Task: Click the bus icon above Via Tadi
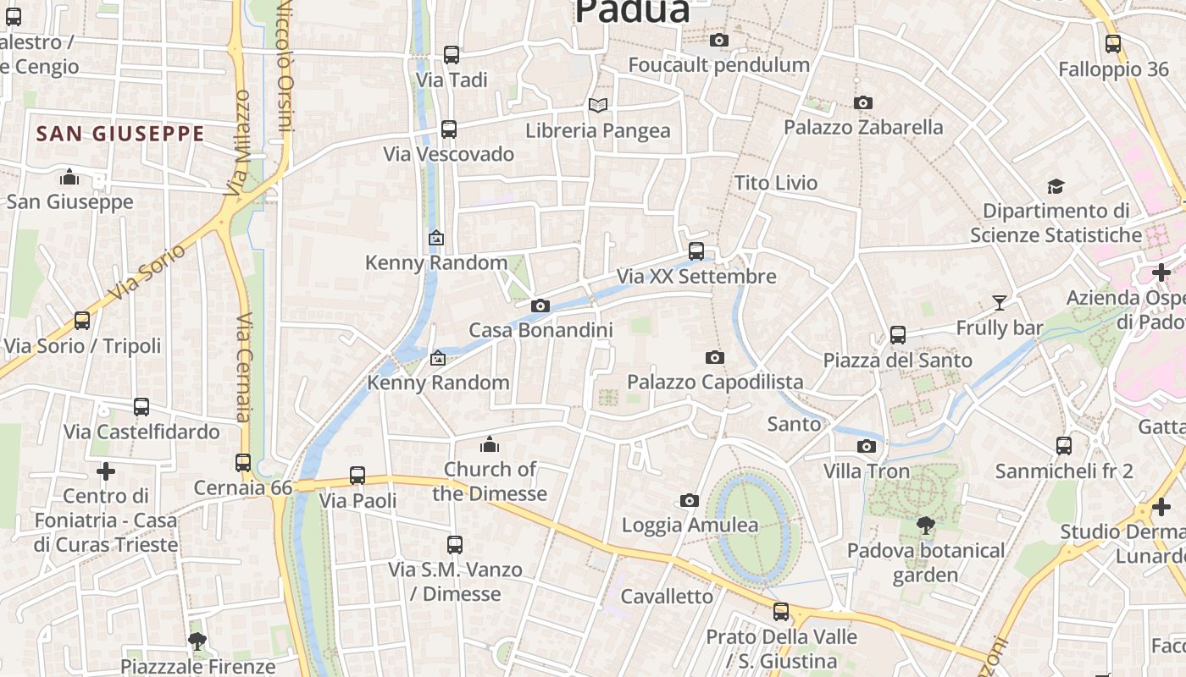[452, 55]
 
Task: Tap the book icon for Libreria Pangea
[598, 106]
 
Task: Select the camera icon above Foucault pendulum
[719, 40]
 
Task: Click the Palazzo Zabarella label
[863, 127]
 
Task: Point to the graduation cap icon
[1056, 186]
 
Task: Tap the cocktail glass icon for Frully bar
[1000, 302]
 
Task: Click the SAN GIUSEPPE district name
[120, 134]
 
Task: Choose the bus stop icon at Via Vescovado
[449, 129]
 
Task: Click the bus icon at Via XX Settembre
[696, 251]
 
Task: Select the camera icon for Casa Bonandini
[540, 305]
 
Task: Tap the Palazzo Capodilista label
[715, 382]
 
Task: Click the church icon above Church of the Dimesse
[490, 444]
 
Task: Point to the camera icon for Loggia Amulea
[690, 500]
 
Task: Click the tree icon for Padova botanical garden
[925, 526]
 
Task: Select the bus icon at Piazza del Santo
[898, 335]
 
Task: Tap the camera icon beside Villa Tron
[867, 446]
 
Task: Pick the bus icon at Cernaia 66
[243, 463]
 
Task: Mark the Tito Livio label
[776, 183]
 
